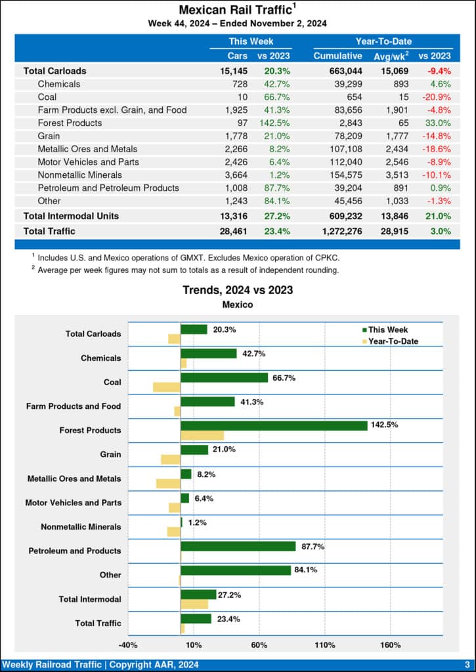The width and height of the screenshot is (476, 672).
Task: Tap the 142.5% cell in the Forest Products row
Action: (x=274, y=123)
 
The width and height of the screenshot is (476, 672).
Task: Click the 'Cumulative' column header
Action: (x=337, y=56)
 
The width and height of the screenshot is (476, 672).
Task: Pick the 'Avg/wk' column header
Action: (x=391, y=56)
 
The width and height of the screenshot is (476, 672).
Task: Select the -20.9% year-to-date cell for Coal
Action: (x=436, y=96)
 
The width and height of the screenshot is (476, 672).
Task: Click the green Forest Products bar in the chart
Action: (x=274, y=425)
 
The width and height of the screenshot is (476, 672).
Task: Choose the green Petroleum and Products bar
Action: (x=238, y=546)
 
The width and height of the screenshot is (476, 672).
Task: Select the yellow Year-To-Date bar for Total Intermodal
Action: (x=194, y=604)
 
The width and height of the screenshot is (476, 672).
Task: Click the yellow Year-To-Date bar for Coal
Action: (x=167, y=387)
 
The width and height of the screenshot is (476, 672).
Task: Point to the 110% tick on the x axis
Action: (x=325, y=644)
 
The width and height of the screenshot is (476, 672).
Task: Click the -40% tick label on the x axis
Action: (x=128, y=644)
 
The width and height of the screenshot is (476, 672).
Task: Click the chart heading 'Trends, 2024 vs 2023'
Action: (x=238, y=289)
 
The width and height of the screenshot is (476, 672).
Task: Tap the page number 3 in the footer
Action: (x=467, y=665)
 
